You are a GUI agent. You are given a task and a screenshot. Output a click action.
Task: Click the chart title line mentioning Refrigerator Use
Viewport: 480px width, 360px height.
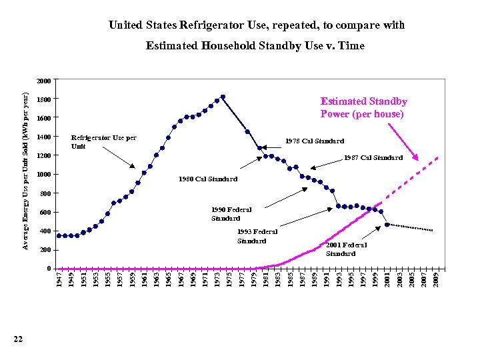(257, 25)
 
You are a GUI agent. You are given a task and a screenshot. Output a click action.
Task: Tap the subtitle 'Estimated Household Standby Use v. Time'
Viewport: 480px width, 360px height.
(255, 46)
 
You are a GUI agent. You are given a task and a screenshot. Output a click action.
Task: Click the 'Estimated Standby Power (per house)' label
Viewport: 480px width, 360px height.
(363, 107)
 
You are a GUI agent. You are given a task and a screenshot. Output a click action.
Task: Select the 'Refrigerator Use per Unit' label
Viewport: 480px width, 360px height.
(103, 141)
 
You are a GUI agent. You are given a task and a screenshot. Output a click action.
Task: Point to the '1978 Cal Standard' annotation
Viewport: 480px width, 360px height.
(314, 141)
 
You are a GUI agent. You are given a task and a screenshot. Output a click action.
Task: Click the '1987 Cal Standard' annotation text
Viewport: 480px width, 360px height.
(373, 158)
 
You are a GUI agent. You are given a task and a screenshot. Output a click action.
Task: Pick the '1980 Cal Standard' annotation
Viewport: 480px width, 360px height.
(208, 179)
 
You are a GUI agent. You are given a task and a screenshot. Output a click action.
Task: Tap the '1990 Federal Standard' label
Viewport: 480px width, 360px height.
(231, 214)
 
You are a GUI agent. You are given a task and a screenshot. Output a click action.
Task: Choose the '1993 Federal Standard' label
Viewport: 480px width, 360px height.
(257, 236)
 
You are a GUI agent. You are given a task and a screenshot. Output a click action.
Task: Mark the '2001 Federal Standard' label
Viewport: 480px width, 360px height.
(346, 249)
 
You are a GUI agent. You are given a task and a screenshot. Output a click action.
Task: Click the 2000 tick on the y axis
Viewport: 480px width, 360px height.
(43, 81)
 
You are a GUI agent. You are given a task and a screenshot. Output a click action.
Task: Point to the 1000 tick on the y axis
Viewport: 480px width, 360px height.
(43, 175)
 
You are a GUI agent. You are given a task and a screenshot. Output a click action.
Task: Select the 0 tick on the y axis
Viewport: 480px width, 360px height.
(48, 269)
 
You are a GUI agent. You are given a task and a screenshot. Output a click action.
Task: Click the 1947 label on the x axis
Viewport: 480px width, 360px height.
(59, 279)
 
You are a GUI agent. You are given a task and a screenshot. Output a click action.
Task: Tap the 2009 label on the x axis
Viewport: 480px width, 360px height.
(435, 279)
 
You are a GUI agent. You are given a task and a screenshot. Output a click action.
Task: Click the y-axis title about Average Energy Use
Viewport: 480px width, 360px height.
(25, 172)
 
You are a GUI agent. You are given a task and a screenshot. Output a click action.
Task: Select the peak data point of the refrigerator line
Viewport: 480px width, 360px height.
(223, 97)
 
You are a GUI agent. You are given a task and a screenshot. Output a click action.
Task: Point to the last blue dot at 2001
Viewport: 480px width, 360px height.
(387, 225)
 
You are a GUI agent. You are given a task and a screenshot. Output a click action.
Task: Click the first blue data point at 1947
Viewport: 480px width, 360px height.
(59, 235)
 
